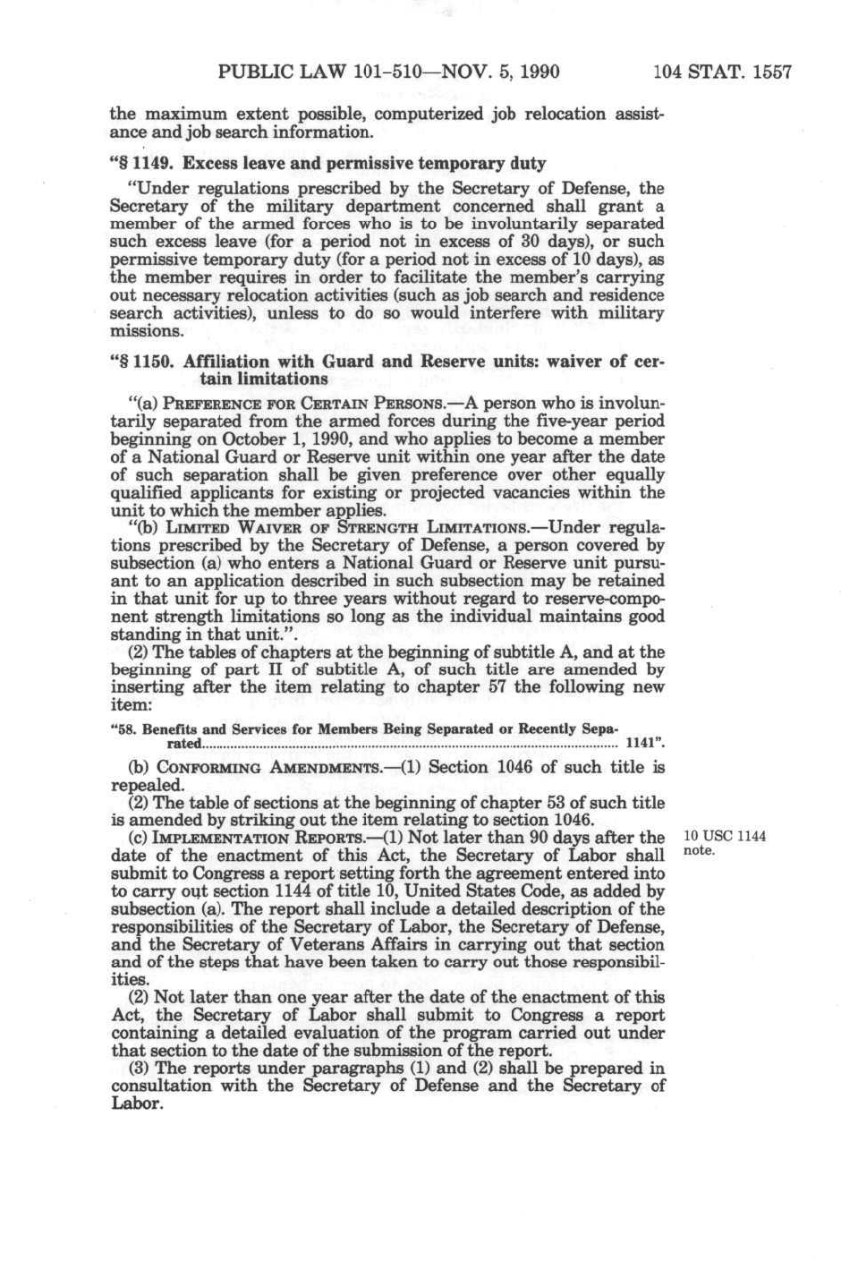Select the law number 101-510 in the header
coord(379,72)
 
